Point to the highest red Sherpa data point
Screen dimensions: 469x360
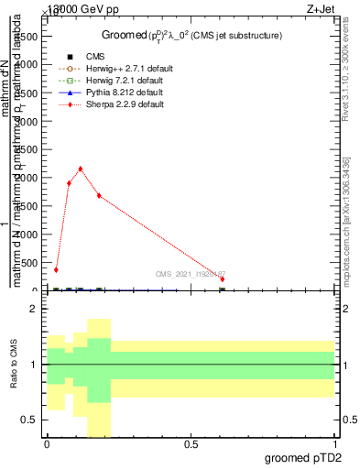click(x=81, y=169)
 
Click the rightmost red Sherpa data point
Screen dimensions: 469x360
click(x=223, y=279)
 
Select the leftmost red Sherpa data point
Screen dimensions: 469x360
click(x=56, y=270)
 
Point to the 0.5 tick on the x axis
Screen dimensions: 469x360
click(x=191, y=444)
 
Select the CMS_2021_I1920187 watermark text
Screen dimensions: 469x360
click(x=191, y=274)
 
